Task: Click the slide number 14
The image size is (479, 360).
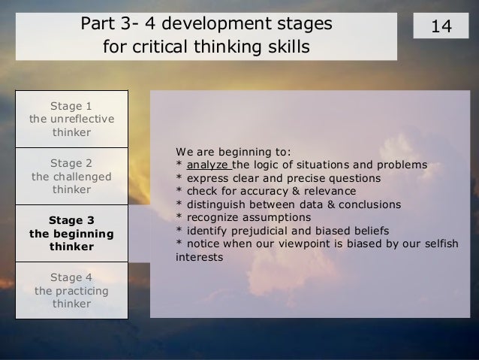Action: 441,26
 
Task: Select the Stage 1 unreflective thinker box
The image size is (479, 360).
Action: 72,119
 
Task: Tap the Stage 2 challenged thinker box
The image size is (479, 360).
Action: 72,176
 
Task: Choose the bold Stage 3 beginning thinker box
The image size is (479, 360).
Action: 72,233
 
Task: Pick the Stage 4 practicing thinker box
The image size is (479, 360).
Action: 72,290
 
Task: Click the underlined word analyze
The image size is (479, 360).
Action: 209,165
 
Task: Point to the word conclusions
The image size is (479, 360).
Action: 369,204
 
